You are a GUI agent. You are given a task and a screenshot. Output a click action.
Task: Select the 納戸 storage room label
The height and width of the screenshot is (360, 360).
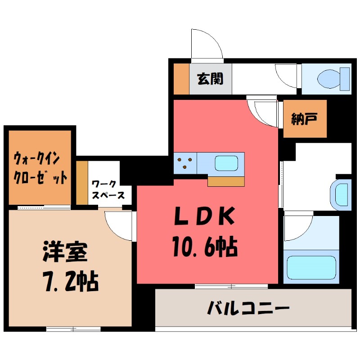305,119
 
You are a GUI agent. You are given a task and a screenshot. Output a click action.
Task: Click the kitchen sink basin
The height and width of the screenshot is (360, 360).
226,162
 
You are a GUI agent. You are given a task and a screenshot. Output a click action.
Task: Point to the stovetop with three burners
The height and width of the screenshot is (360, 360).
185,162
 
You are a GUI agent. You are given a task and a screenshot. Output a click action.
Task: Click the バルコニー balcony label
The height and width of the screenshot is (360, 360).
248,309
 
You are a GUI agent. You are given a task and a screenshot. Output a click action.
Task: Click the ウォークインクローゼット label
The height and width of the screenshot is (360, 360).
40,168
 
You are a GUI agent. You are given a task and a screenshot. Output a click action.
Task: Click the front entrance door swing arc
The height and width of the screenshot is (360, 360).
206,43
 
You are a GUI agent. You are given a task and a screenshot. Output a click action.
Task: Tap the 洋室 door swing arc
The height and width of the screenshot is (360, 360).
118,225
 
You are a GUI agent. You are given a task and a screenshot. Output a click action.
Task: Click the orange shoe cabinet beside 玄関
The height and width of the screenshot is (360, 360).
181,79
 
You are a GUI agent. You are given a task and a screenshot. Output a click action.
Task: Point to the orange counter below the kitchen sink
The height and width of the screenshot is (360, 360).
227,181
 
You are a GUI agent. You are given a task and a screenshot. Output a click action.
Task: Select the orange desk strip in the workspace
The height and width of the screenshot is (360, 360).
81,182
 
